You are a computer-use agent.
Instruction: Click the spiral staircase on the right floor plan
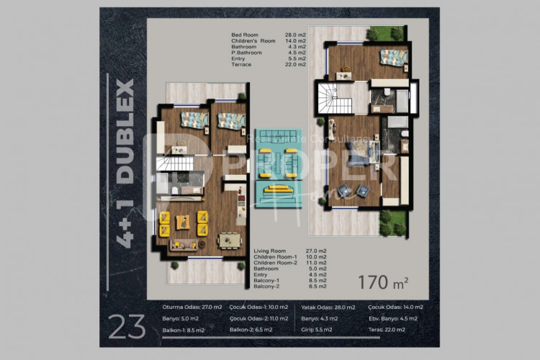coord(335,99)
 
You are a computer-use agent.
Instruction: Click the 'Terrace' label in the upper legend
coord(241,65)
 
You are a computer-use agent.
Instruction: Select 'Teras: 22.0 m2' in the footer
coord(395,330)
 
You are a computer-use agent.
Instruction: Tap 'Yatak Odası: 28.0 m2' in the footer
coord(328,307)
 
